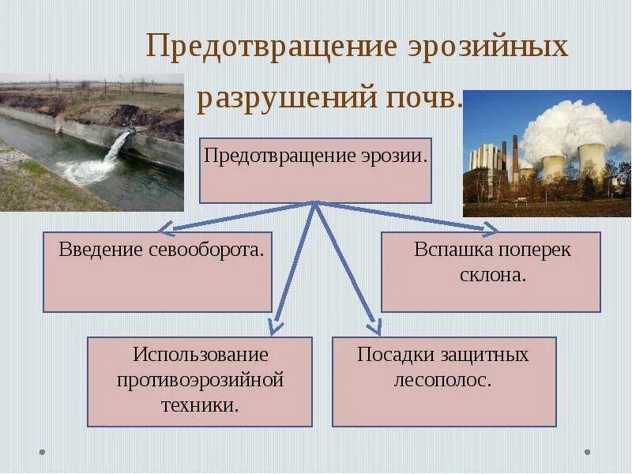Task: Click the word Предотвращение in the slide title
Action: (x=271, y=47)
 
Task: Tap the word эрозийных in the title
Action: (x=488, y=47)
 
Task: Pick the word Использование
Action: (x=201, y=355)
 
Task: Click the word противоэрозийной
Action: (x=200, y=380)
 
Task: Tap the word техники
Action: (x=200, y=406)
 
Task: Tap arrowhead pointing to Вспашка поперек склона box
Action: (x=491, y=230)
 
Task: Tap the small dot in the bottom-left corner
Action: (x=43, y=453)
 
